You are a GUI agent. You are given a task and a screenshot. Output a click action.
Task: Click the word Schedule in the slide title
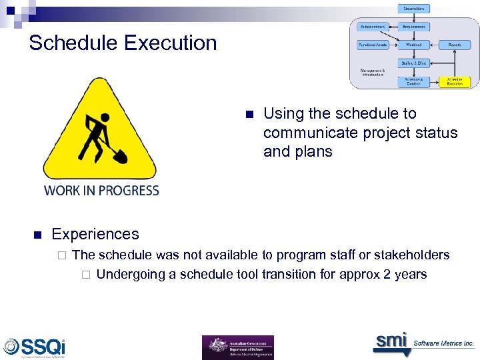[73, 43]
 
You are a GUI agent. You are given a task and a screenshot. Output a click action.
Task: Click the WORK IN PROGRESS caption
[101, 191]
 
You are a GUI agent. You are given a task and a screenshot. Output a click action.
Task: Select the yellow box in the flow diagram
[455, 81]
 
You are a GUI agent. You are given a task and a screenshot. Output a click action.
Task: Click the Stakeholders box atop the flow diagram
[415, 9]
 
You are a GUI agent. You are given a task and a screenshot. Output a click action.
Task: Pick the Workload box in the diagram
[415, 45]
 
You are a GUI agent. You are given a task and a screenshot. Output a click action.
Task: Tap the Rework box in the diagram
[455, 45]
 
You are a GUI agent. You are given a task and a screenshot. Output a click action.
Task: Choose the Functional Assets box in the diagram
[373, 45]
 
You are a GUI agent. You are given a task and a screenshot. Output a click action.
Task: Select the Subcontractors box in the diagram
[373, 27]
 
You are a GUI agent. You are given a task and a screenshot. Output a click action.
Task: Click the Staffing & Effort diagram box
[415, 63]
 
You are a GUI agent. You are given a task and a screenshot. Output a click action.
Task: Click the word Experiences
[95, 234]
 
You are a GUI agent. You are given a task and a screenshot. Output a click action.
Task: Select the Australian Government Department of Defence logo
[237, 347]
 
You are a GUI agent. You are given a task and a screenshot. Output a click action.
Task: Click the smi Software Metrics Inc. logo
[423, 343]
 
